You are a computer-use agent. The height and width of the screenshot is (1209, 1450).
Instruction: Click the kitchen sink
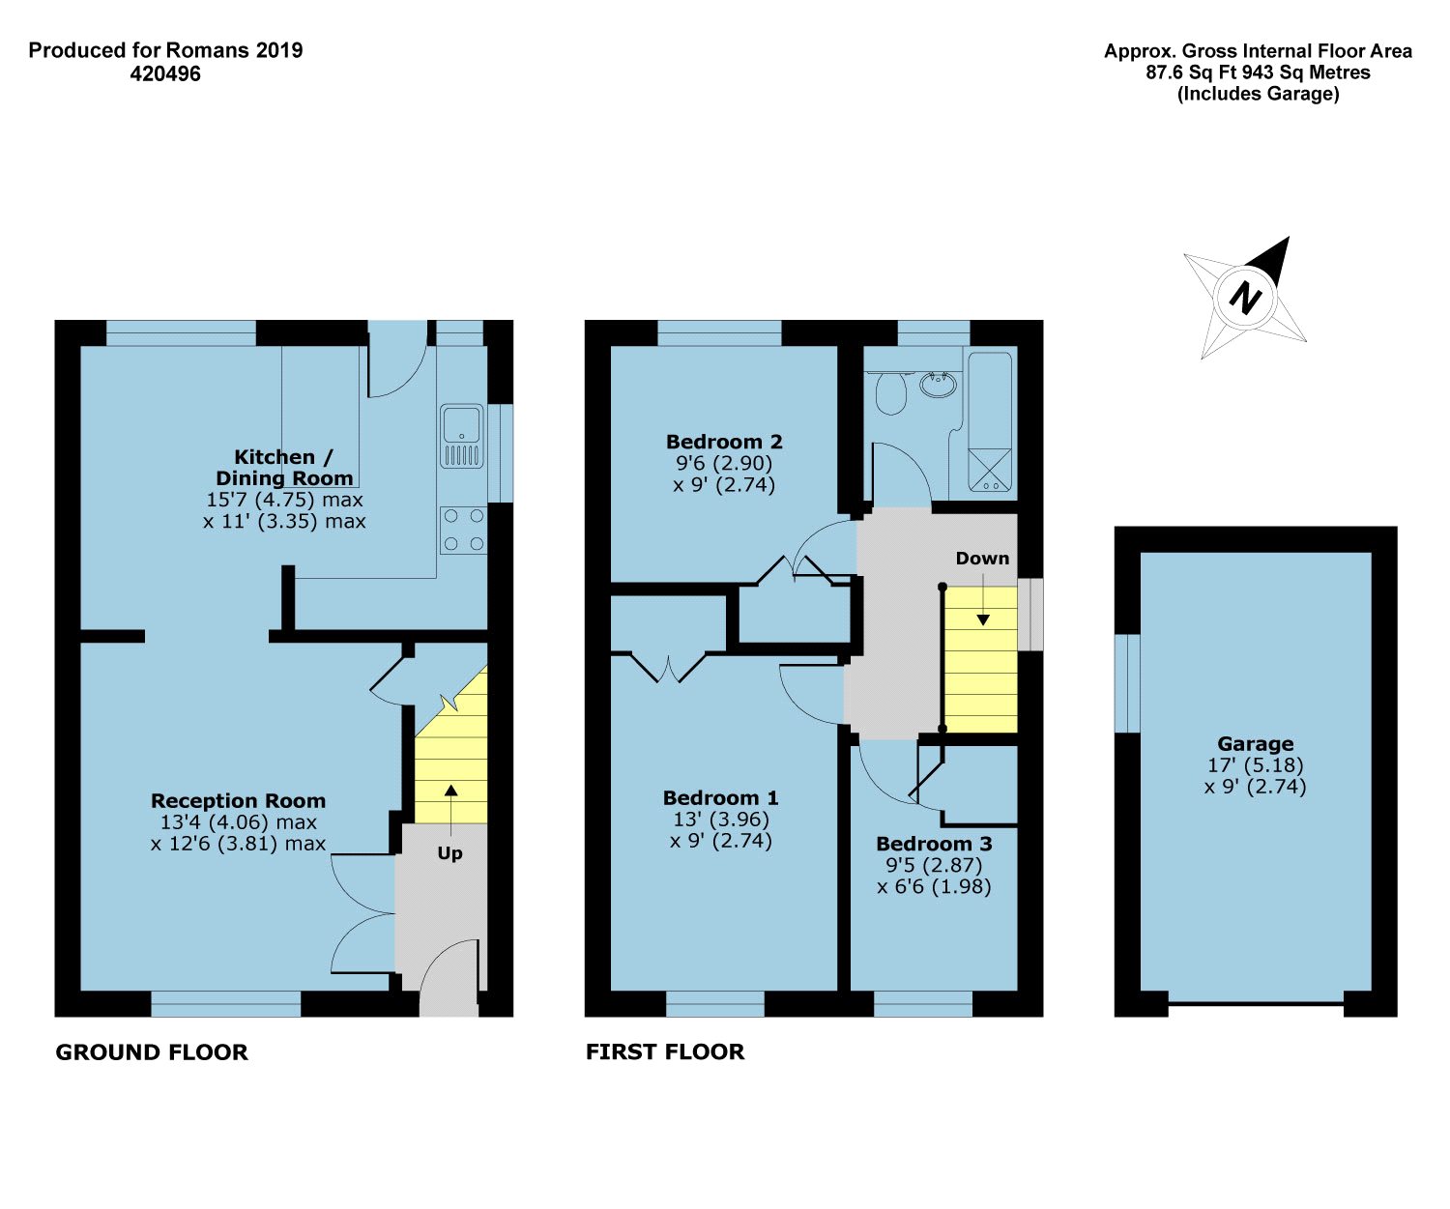pos(462,436)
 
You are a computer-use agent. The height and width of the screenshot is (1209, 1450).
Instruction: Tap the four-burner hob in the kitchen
pos(463,531)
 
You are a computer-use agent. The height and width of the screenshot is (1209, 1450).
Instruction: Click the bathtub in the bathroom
pos(990,422)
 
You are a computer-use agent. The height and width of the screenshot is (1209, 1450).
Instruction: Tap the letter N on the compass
pos(1245,299)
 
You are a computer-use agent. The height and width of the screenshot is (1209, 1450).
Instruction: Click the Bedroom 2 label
pos(724,442)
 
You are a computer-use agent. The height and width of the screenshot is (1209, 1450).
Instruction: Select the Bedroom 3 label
pos(934,844)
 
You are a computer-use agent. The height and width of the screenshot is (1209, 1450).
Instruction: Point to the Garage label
pos(1256,744)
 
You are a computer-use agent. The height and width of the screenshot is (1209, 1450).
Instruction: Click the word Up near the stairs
pos(450,853)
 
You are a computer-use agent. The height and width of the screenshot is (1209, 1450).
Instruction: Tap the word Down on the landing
pos(982,559)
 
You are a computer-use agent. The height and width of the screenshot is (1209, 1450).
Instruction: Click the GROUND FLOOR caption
pos(152,1052)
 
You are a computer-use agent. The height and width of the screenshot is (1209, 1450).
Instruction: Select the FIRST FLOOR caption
pos(665,1052)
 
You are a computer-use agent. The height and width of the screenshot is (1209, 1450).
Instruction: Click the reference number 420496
pos(165,74)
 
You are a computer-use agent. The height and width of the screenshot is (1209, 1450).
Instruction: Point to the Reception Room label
pos(238,800)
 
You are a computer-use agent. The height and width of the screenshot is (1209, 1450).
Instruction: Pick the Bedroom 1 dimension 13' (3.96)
pos(721,820)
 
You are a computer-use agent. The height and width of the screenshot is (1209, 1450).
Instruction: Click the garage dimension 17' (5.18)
pos(1256,765)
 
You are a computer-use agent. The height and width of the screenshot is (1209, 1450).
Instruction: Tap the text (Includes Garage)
pos(1258,94)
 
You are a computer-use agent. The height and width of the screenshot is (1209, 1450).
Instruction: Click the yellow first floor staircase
pos(980,660)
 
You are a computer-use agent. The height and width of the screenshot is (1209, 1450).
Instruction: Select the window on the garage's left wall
pos(1127,683)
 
